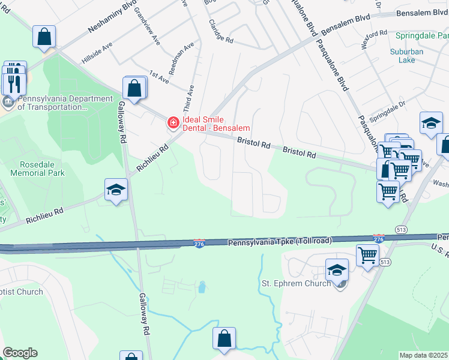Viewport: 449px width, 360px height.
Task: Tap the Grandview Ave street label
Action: [x=147, y=27]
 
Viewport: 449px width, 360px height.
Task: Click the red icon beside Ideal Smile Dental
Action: [x=173, y=123]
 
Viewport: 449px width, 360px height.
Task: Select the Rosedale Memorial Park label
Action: [x=37, y=168]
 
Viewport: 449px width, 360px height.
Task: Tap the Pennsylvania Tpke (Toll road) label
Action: [x=279, y=242]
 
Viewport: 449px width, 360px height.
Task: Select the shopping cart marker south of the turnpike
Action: [x=367, y=255]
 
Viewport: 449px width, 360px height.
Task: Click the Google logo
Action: [x=20, y=353]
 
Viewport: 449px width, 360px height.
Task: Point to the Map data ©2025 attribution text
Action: [x=423, y=355]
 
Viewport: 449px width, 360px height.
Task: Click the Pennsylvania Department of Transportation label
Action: [x=57, y=103]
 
